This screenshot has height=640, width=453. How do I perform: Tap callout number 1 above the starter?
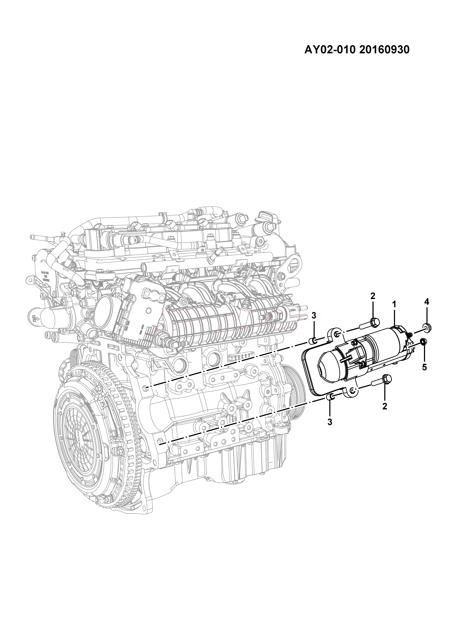[394, 304]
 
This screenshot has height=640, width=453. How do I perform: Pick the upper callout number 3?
[314, 316]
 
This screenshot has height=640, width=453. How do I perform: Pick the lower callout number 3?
[330, 422]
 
